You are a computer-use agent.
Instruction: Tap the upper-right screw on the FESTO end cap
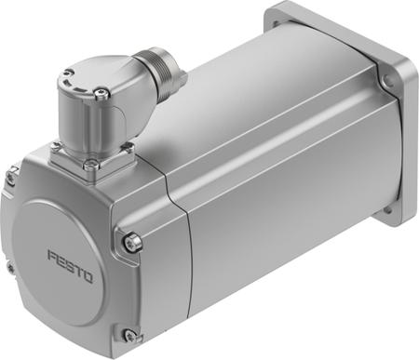click(x=134, y=243)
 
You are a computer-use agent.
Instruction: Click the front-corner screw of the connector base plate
click(x=91, y=167)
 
